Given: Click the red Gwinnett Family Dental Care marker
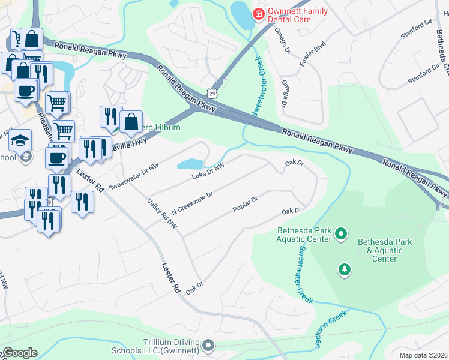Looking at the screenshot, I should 258,14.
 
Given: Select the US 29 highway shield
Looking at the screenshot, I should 212,92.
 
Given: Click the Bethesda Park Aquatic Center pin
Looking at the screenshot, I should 341,232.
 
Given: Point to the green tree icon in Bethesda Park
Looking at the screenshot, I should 344,269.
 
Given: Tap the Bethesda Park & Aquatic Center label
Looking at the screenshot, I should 385,250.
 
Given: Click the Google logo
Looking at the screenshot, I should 19,353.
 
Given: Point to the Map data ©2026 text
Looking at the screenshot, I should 423,355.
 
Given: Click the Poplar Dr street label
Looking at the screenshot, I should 245,205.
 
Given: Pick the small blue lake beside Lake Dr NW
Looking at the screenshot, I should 190,164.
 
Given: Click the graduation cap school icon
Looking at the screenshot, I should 20,140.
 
